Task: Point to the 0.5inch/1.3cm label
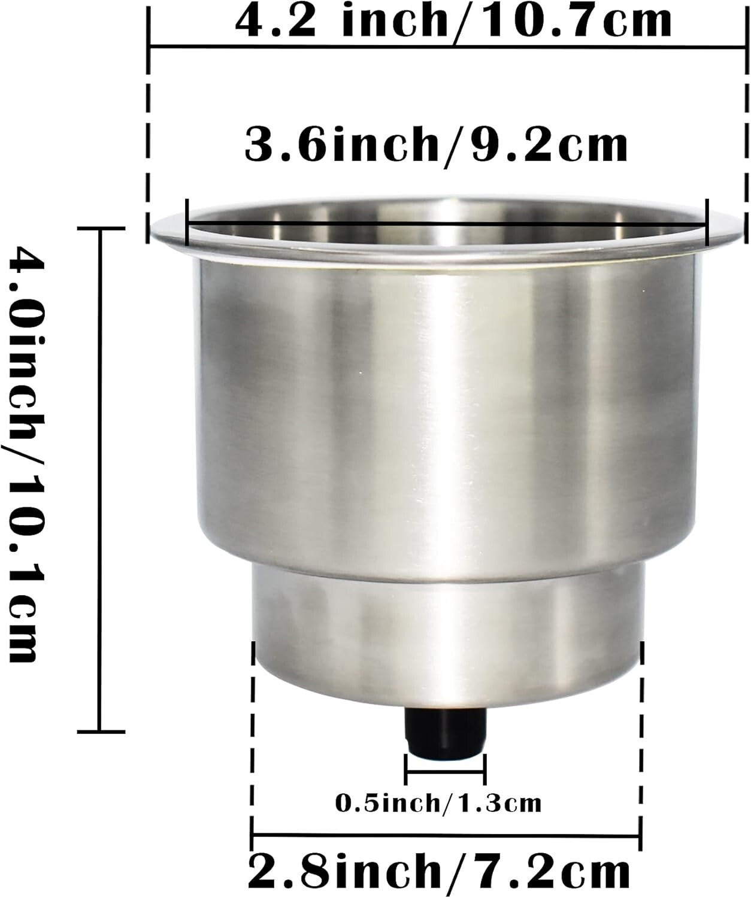tap(438, 802)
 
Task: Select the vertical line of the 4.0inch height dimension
tap(100, 479)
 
